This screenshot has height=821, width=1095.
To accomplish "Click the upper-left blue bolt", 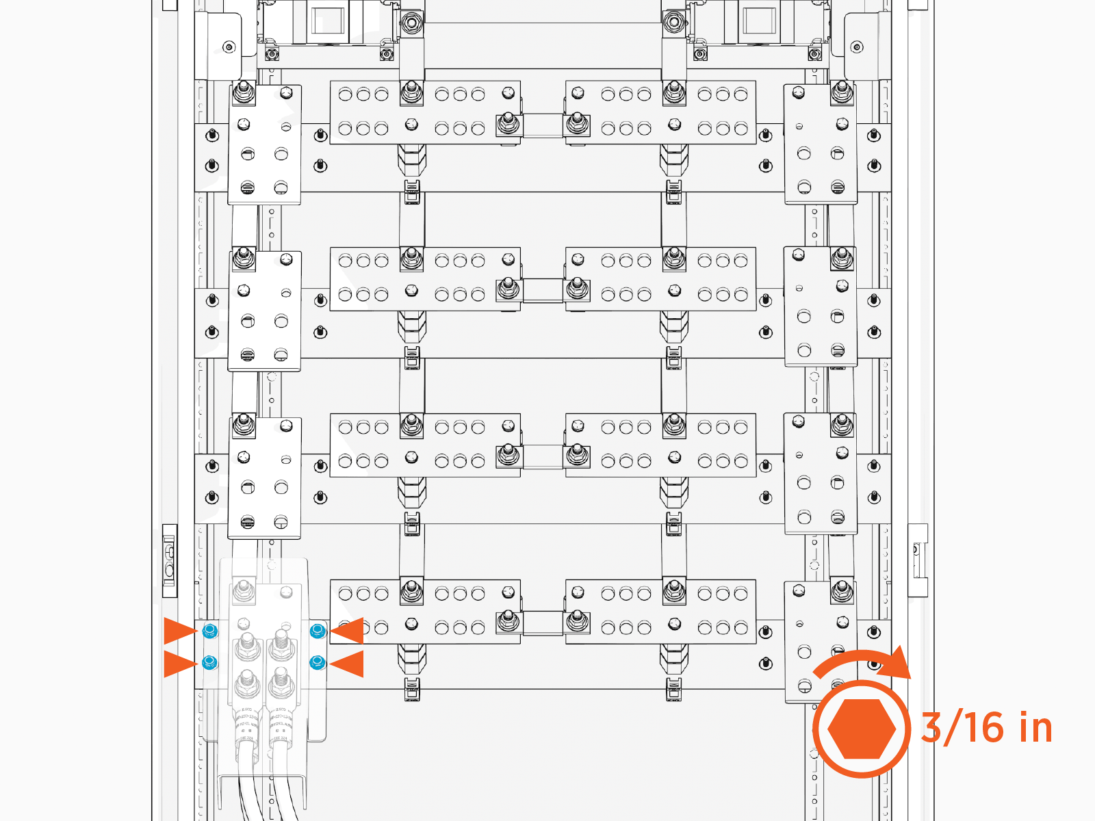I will pos(210,631).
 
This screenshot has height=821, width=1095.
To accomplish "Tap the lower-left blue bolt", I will pos(210,662).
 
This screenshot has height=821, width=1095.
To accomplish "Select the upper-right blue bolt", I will pos(317,631).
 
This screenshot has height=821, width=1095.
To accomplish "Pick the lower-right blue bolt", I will pos(317,662).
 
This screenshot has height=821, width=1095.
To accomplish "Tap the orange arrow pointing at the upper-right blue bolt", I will pos(348,631).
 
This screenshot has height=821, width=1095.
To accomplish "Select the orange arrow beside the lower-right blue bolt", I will pos(348,664).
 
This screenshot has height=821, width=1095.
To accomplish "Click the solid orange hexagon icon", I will pos(862,729).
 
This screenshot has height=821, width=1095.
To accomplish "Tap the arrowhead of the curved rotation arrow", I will pos(897,663).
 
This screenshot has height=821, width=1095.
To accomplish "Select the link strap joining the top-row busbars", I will pos(543,125).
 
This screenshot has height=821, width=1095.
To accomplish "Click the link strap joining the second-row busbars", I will pos(543,290).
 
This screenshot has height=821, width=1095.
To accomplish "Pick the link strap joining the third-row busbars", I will pos(543,456).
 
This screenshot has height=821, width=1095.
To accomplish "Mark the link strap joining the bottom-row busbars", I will pos(543,623).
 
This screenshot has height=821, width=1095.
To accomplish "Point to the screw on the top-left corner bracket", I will pos(229,47).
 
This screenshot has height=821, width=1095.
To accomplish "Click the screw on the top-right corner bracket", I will pos(857,47).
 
